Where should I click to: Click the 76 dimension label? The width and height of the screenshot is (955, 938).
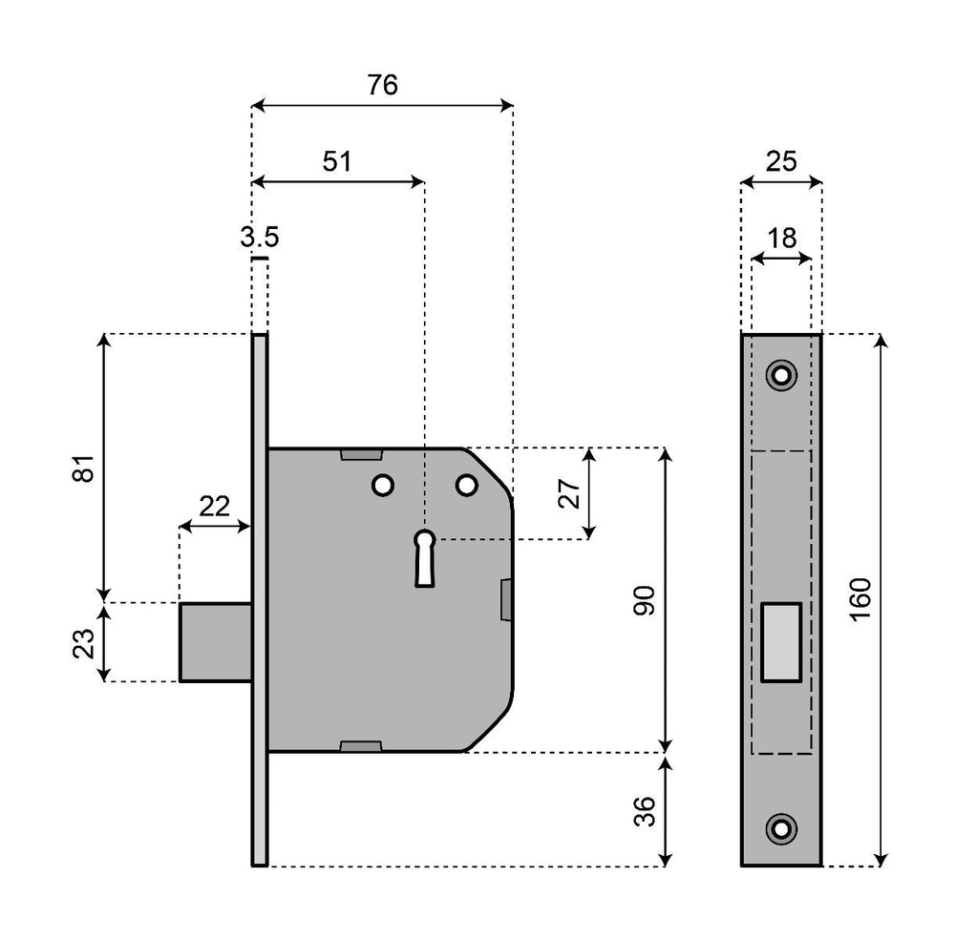pos(382,85)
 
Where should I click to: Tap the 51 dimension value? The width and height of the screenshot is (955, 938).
pos(335,161)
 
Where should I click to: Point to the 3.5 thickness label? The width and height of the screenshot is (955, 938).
pos(259,238)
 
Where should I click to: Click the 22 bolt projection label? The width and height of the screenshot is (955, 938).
pos(215,507)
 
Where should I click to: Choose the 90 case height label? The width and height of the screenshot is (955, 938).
pos(645,600)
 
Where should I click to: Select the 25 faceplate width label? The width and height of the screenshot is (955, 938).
pos(781,161)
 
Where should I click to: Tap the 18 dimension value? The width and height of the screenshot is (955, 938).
pos(781,238)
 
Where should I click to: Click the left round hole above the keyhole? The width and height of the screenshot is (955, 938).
pos(383,486)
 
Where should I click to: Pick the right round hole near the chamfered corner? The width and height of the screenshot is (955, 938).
pos(466,486)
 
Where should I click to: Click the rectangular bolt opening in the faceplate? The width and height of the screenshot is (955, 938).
pos(781,642)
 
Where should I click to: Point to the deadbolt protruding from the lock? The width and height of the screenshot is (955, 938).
pos(216,642)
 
